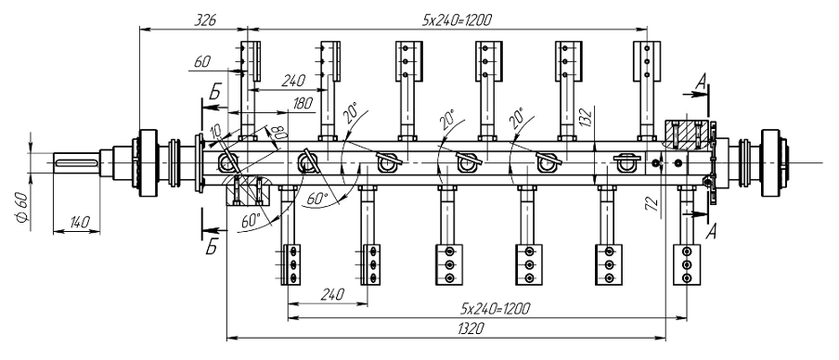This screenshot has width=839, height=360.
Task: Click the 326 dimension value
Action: coord(205,20)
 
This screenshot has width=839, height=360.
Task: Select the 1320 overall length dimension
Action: coord(471,328)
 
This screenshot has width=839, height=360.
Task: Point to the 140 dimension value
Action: coord(79,222)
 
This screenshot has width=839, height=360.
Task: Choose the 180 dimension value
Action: coord(303,103)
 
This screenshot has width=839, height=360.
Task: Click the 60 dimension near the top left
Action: coord(201,61)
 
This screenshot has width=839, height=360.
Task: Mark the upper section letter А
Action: coord(701,82)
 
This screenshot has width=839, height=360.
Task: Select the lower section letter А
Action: coord(711,232)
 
